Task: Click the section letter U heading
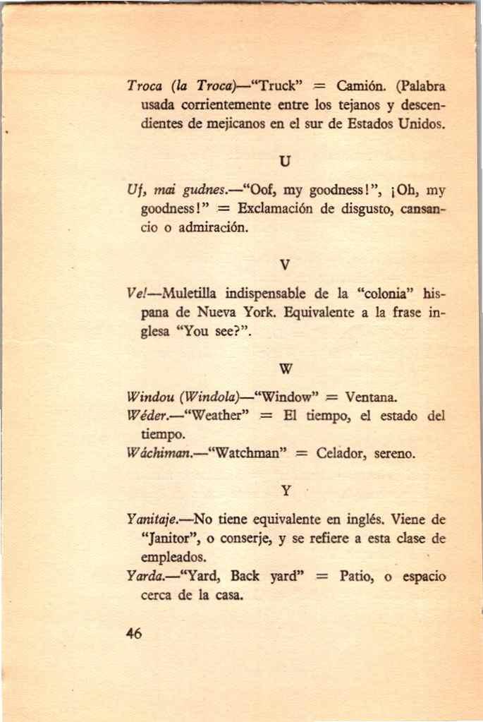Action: pos(285,161)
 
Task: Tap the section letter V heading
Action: pos(285,265)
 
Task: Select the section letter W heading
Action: pos(286,368)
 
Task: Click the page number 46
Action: pos(134,633)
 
